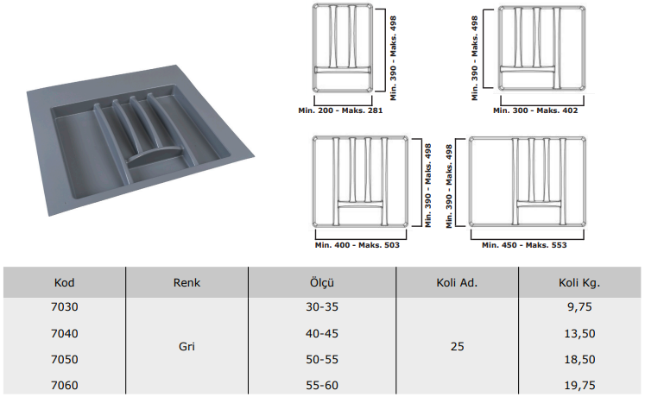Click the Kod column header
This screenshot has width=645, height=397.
tap(64, 283)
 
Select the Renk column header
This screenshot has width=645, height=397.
tap(187, 283)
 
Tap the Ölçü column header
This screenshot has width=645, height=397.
tap(322, 283)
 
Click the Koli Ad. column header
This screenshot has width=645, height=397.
tap(457, 283)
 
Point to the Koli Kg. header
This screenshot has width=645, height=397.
tap(579, 283)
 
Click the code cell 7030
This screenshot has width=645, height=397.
tap(65, 307)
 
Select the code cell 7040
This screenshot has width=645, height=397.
tap(65, 333)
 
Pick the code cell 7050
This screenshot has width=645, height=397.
tap(65, 360)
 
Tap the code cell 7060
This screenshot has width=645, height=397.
tap(65, 386)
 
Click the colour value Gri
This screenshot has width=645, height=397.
tap(187, 346)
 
